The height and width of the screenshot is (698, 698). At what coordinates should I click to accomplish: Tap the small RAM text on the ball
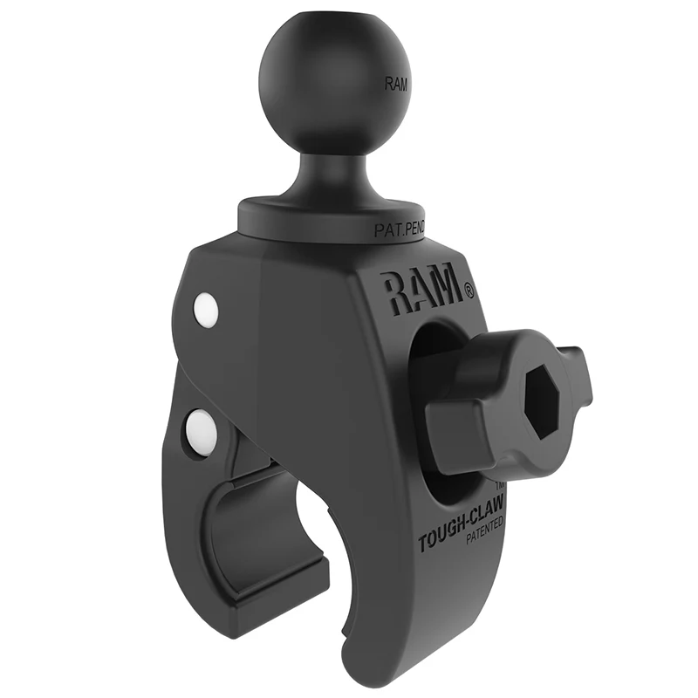(395, 85)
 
